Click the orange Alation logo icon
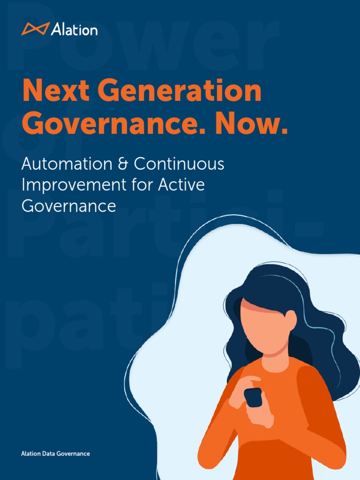[35, 29]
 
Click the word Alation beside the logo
[75, 30]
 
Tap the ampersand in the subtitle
[124, 164]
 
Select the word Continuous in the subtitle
[179, 164]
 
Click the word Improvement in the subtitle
[72, 185]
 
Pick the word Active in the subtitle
[182, 185]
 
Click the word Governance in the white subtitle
[69, 206]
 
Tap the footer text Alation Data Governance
[55, 454]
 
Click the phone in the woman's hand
[253, 397]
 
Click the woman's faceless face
[262, 328]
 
